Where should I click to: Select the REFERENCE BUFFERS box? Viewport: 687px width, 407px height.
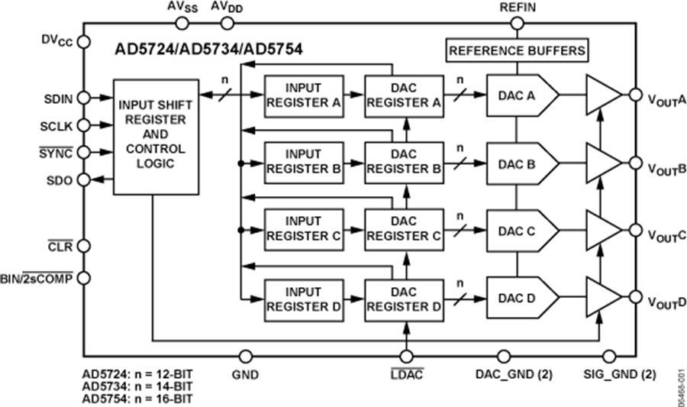pyautogui.click(x=518, y=52)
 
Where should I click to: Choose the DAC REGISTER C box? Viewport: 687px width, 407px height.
pyautogui.click(x=404, y=229)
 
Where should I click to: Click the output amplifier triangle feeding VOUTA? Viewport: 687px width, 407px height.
pyautogui.click(x=604, y=95)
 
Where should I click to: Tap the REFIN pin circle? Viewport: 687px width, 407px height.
pyautogui.click(x=518, y=24)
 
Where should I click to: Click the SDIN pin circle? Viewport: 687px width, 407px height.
pyautogui.click(x=83, y=98)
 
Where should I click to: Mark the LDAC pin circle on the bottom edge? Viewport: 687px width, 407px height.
pyautogui.click(x=406, y=356)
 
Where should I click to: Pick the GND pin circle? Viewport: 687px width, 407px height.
pyautogui.click(x=245, y=356)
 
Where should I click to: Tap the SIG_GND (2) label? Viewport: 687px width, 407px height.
pyautogui.click(x=619, y=374)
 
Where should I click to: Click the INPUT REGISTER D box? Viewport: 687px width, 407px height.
pyautogui.click(x=303, y=298)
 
